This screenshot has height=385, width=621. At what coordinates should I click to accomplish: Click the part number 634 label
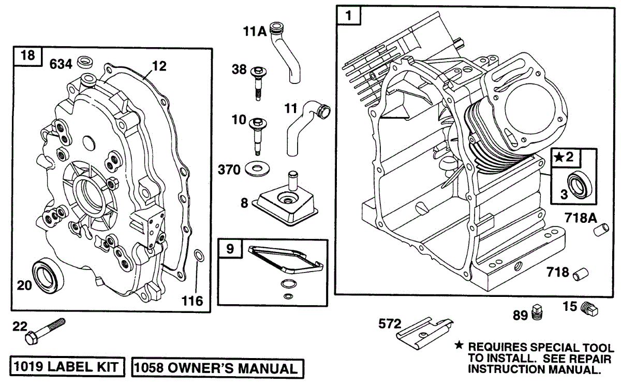pyautogui.click(x=61, y=64)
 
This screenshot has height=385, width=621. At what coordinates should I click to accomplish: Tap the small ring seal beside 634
pyautogui.click(x=85, y=62)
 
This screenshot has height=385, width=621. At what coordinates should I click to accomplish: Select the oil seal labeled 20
pyautogui.click(x=48, y=276)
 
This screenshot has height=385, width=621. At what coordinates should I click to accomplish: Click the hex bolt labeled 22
pyautogui.click(x=45, y=331)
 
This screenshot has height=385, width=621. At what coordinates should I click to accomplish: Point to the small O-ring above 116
pyautogui.click(x=199, y=255)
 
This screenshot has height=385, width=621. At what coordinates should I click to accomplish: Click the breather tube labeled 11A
pyautogui.click(x=286, y=52)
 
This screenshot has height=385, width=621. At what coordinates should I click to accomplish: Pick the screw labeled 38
pyautogui.click(x=258, y=83)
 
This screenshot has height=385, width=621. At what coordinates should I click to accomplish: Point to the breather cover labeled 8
pyautogui.click(x=285, y=204)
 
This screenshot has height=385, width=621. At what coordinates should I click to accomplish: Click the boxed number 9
pyautogui.click(x=230, y=248)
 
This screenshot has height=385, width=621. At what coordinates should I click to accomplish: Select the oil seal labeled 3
pyautogui.click(x=580, y=186)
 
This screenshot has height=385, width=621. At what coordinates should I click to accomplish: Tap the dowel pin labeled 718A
pyautogui.click(x=601, y=230)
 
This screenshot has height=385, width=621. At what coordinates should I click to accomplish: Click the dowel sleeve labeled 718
pyautogui.click(x=581, y=274)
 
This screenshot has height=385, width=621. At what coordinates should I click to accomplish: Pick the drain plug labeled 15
pyautogui.click(x=589, y=308)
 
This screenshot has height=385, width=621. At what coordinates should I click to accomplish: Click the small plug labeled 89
pyautogui.click(x=537, y=312)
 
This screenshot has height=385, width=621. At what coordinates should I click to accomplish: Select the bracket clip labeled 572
pyautogui.click(x=424, y=333)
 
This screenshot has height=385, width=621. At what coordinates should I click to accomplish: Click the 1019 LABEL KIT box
pyautogui.click(x=67, y=367)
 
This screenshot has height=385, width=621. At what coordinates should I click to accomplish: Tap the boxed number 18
pyautogui.click(x=28, y=56)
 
